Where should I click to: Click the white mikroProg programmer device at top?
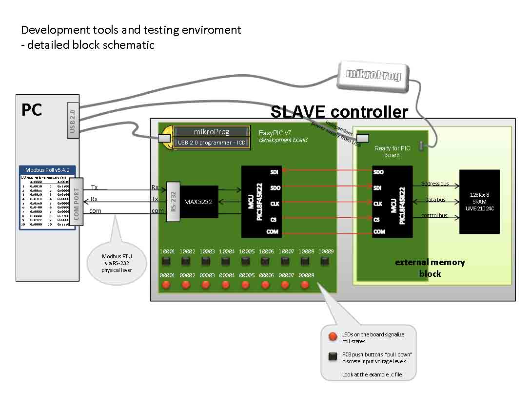[x=373, y=75]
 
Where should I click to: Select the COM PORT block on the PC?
[x=77, y=201]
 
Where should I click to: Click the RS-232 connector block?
[x=173, y=201]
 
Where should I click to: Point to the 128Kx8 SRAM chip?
[x=479, y=201]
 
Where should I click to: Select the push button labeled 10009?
[x=325, y=261]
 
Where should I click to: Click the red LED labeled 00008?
[x=305, y=285]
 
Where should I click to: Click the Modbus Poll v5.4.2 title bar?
[x=47, y=170]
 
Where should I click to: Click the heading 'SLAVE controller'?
[x=339, y=112]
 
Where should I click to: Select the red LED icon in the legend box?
[x=333, y=336]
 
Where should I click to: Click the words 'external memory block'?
[x=430, y=268]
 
